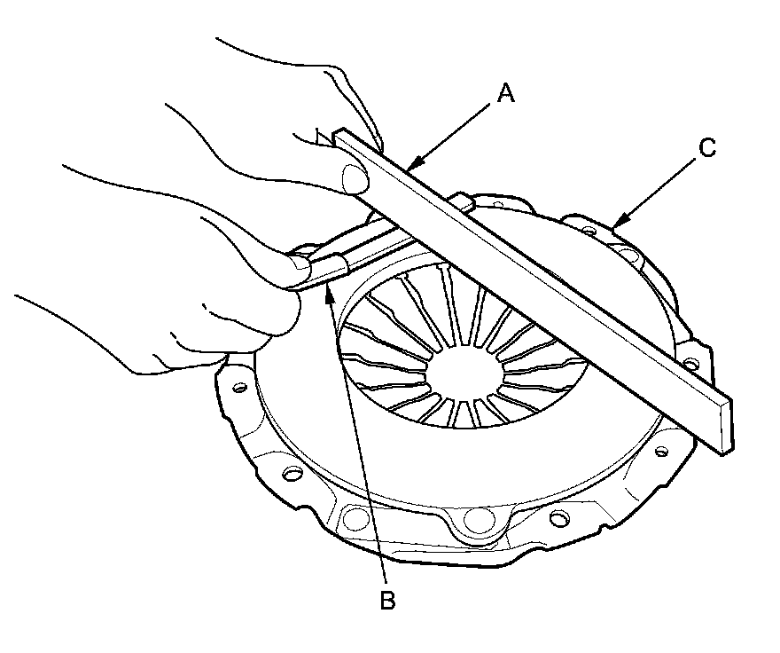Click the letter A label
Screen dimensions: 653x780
point(504,92)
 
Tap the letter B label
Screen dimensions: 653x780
point(387,601)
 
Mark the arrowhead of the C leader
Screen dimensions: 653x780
point(614,221)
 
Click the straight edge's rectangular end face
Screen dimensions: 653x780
point(725,425)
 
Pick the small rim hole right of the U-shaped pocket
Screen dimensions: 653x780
point(558,517)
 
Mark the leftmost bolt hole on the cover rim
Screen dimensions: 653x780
point(238,388)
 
